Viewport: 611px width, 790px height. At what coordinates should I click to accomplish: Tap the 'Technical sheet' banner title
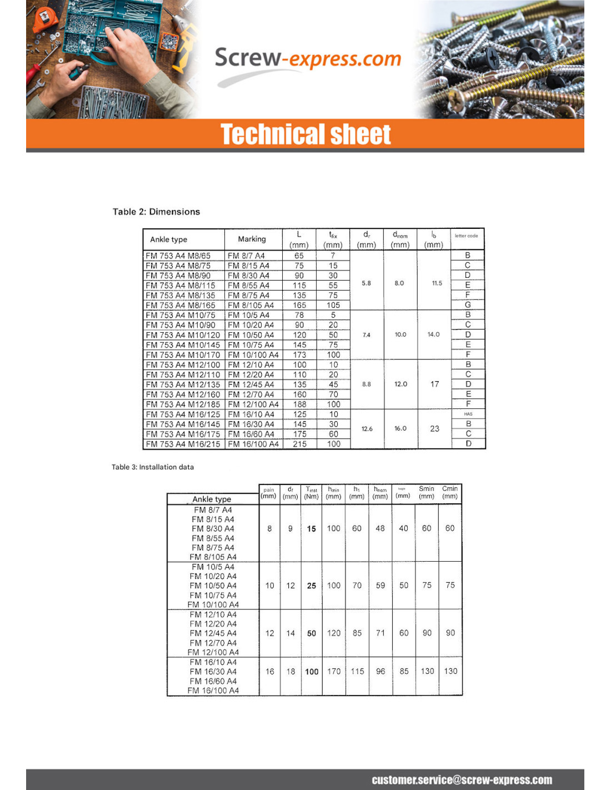[305, 134]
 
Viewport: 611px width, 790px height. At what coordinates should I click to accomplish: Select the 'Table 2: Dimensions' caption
[156, 212]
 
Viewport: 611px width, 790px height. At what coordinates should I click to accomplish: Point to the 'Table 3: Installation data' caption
[153, 467]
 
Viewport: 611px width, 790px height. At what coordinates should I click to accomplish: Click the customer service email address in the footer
[462, 780]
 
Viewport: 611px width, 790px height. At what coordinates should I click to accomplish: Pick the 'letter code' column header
[466, 236]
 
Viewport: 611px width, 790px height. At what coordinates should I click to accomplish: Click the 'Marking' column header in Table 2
[252, 239]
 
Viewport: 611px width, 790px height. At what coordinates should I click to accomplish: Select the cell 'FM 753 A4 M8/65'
[178, 256]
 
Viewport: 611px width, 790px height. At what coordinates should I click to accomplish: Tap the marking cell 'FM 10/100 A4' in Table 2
[253, 355]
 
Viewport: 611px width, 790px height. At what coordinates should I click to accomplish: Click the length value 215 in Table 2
[299, 444]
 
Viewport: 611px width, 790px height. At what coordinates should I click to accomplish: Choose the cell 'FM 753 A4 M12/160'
[183, 394]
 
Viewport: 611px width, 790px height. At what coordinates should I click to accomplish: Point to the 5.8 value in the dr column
[367, 283]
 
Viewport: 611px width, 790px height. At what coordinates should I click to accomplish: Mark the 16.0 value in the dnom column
[400, 429]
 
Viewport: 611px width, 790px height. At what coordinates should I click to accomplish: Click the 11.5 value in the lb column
[437, 283]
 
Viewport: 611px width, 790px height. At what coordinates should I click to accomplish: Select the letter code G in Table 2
[468, 305]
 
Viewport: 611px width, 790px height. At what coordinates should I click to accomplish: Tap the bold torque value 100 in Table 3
[312, 672]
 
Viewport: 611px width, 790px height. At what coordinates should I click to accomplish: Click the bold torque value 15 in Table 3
[312, 529]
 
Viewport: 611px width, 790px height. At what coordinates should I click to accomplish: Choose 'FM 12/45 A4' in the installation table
[213, 633]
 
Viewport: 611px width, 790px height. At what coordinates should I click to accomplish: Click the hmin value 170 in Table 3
[334, 672]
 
